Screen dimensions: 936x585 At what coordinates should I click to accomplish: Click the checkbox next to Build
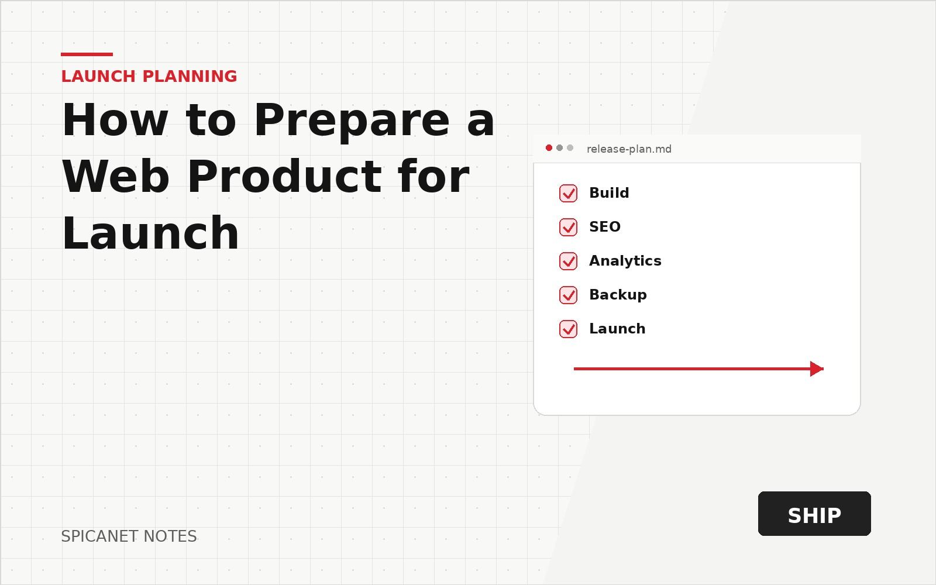click(568, 193)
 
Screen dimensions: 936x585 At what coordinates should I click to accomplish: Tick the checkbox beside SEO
click(568, 227)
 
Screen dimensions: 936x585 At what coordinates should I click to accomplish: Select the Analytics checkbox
click(568, 261)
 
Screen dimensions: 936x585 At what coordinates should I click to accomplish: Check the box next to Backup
click(568, 295)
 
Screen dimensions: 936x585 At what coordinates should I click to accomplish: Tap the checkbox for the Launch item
click(568, 329)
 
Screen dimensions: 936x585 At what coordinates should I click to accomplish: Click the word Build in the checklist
click(609, 192)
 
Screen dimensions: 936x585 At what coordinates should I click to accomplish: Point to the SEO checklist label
click(605, 227)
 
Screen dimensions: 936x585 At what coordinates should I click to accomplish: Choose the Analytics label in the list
click(625, 261)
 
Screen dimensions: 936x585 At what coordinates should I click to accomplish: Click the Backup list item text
click(618, 295)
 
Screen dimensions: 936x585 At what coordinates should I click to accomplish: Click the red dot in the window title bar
click(549, 148)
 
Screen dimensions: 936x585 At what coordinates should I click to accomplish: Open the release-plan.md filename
click(629, 149)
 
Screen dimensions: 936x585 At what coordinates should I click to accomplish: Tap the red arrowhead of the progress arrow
click(817, 369)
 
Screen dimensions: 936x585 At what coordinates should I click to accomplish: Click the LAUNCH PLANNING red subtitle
click(149, 77)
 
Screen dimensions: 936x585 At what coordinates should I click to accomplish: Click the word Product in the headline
click(284, 177)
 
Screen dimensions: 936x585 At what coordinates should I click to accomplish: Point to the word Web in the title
click(116, 177)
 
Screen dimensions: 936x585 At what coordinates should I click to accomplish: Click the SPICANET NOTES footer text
click(129, 536)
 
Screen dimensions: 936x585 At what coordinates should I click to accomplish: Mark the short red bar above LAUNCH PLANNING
click(87, 54)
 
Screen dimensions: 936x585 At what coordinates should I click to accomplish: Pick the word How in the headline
click(115, 121)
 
